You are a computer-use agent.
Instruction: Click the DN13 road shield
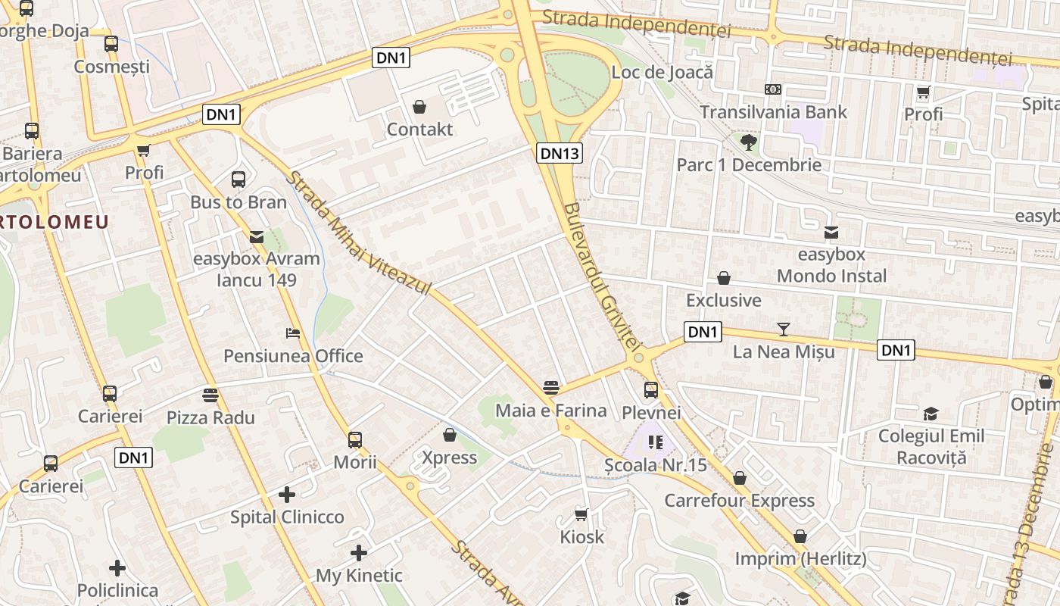pyautogui.click(x=560, y=154)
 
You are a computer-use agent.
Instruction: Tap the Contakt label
pyautogui.click(x=419, y=130)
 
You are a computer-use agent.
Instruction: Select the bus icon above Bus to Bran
pyautogui.click(x=238, y=180)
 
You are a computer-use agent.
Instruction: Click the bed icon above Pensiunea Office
pyautogui.click(x=293, y=333)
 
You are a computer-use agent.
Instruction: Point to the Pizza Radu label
pyautogui.click(x=210, y=417)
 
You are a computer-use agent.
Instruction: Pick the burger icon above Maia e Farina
pyautogui.click(x=551, y=388)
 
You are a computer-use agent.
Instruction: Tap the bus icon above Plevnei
pyautogui.click(x=651, y=390)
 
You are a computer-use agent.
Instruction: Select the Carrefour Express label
pyautogui.click(x=739, y=501)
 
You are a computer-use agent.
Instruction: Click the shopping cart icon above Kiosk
pyautogui.click(x=581, y=515)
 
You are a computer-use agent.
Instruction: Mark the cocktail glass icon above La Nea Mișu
pyautogui.click(x=784, y=329)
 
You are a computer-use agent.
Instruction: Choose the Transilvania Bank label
pyautogui.click(x=773, y=112)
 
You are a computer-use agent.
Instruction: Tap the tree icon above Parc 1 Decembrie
pyautogui.click(x=749, y=142)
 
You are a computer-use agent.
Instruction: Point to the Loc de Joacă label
pyautogui.click(x=662, y=73)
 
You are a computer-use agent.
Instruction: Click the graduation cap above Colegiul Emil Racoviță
pyautogui.click(x=931, y=414)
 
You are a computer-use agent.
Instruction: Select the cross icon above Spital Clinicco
pyautogui.click(x=287, y=495)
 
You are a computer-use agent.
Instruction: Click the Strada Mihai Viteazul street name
pyautogui.click(x=359, y=234)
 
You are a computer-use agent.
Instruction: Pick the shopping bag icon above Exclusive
pyautogui.click(x=724, y=278)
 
